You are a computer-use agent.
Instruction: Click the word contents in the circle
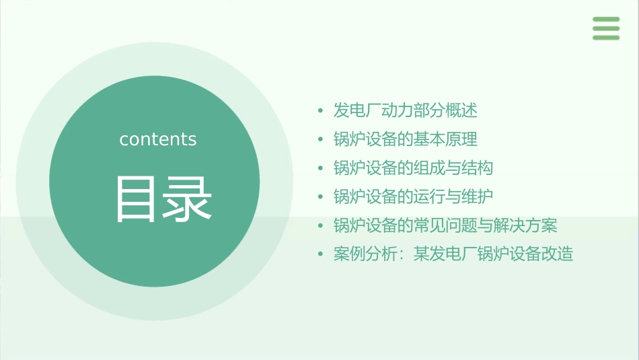(x=158, y=139)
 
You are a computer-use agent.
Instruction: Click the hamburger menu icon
(x=606, y=28)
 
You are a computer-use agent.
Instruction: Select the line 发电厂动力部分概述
(x=405, y=110)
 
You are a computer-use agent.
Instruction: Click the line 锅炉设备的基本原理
(x=405, y=139)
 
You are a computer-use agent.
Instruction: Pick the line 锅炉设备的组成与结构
(x=413, y=168)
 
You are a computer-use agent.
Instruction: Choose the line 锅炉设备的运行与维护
(x=413, y=196)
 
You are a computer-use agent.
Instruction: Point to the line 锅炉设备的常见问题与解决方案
(x=445, y=225)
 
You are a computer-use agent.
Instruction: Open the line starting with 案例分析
(x=453, y=254)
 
